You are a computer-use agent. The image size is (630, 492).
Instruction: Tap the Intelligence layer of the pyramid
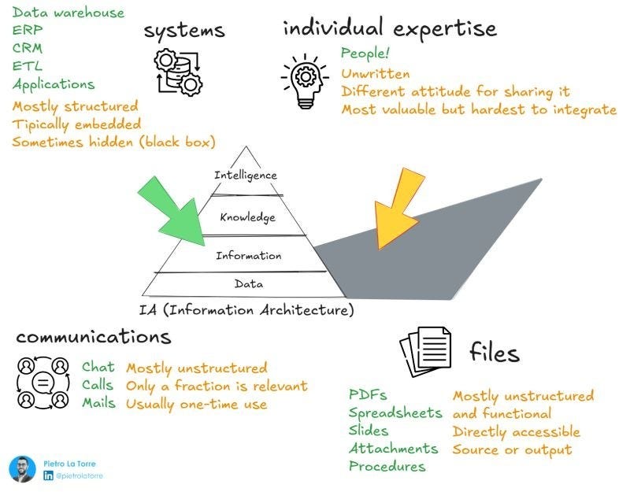pos(246,175)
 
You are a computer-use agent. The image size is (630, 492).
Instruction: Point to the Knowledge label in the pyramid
pos(247,217)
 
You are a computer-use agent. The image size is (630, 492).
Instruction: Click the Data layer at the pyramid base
pos(249,284)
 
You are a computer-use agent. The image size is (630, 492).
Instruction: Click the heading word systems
pos(183,31)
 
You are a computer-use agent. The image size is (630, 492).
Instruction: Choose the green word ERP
pos(28,30)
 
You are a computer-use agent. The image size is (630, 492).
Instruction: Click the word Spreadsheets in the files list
pos(395,412)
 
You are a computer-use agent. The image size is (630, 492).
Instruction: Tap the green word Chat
pos(98,368)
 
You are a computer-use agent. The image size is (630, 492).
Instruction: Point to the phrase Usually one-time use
pos(196,404)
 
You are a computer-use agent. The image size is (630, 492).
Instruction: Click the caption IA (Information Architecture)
pos(246,309)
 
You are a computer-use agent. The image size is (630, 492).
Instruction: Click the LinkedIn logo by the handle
pos(49,475)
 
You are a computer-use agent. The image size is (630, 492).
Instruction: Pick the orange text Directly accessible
pos(516,431)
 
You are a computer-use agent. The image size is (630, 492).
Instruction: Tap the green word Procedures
pos(387,466)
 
